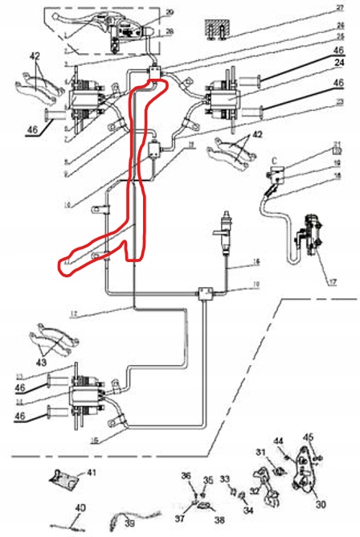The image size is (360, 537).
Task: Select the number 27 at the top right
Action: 340,7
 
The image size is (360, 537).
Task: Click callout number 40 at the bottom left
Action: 80,508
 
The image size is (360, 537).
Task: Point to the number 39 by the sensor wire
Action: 129,524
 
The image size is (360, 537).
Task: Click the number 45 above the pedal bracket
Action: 306,438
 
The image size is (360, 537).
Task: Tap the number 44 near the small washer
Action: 278,441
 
